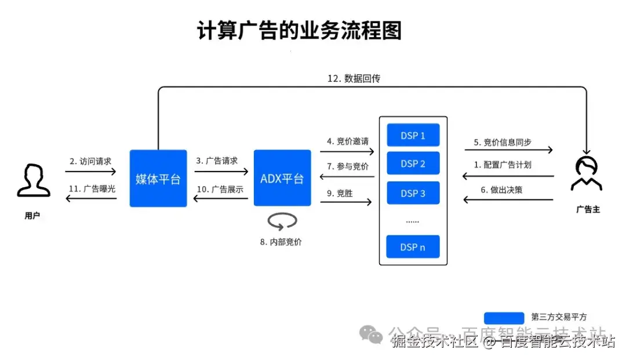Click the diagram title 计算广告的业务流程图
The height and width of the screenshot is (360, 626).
(299, 31)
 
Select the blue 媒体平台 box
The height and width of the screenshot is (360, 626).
(158, 179)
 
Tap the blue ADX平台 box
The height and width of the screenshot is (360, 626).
(282, 178)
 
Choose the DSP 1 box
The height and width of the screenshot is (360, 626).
(413, 136)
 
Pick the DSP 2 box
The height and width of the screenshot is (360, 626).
(413, 164)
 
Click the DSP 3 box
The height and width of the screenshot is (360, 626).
(413, 193)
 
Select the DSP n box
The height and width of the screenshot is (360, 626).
(413, 247)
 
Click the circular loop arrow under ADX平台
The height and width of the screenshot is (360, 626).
(282, 221)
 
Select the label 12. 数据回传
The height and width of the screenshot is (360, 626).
(354, 78)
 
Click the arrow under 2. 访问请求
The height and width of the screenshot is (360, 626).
(90, 172)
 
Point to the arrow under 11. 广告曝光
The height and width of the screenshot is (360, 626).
(90, 199)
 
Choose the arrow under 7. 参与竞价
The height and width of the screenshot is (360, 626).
(346, 177)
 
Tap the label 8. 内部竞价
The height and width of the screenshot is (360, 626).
(282, 242)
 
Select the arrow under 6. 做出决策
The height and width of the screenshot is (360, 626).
(508, 200)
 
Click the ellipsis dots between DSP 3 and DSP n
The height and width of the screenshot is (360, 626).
(413, 221)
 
